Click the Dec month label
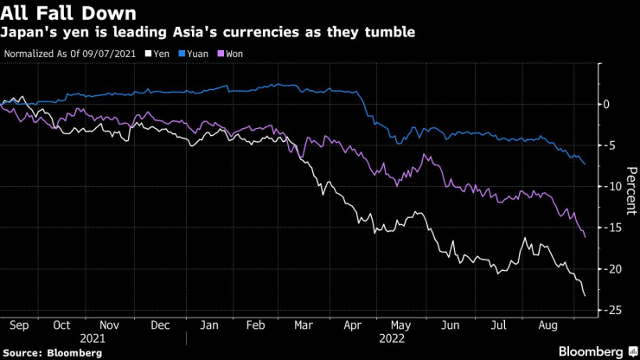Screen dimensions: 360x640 pyautogui.click(x=161, y=325)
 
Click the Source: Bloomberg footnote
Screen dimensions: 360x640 pyautogui.click(x=53, y=353)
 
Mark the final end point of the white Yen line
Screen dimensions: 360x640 pyautogui.click(x=586, y=297)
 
